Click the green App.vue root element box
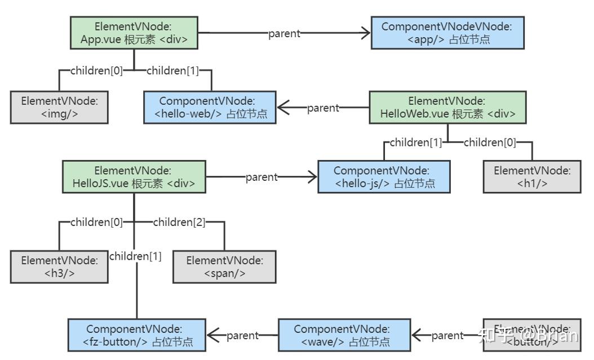[x=134, y=33]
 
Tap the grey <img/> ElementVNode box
[x=59, y=106]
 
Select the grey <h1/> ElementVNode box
[x=533, y=176]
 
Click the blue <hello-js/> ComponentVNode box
[x=384, y=177]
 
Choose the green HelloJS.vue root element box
[x=134, y=177]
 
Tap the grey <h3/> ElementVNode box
[x=59, y=266]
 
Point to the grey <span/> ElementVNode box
[x=224, y=266]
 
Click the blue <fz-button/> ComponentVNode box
[x=137, y=335]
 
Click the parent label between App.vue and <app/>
[x=284, y=33]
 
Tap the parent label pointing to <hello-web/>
[x=323, y=108]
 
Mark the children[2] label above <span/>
[x=179, y=222]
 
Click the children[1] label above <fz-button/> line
[x=135, y=256]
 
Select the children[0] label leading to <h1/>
[x=489, y=143]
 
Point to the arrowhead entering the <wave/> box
[x=416, y=336]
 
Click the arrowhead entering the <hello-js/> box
[x=312, y=177]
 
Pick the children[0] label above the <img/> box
[x=96, y=70]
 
